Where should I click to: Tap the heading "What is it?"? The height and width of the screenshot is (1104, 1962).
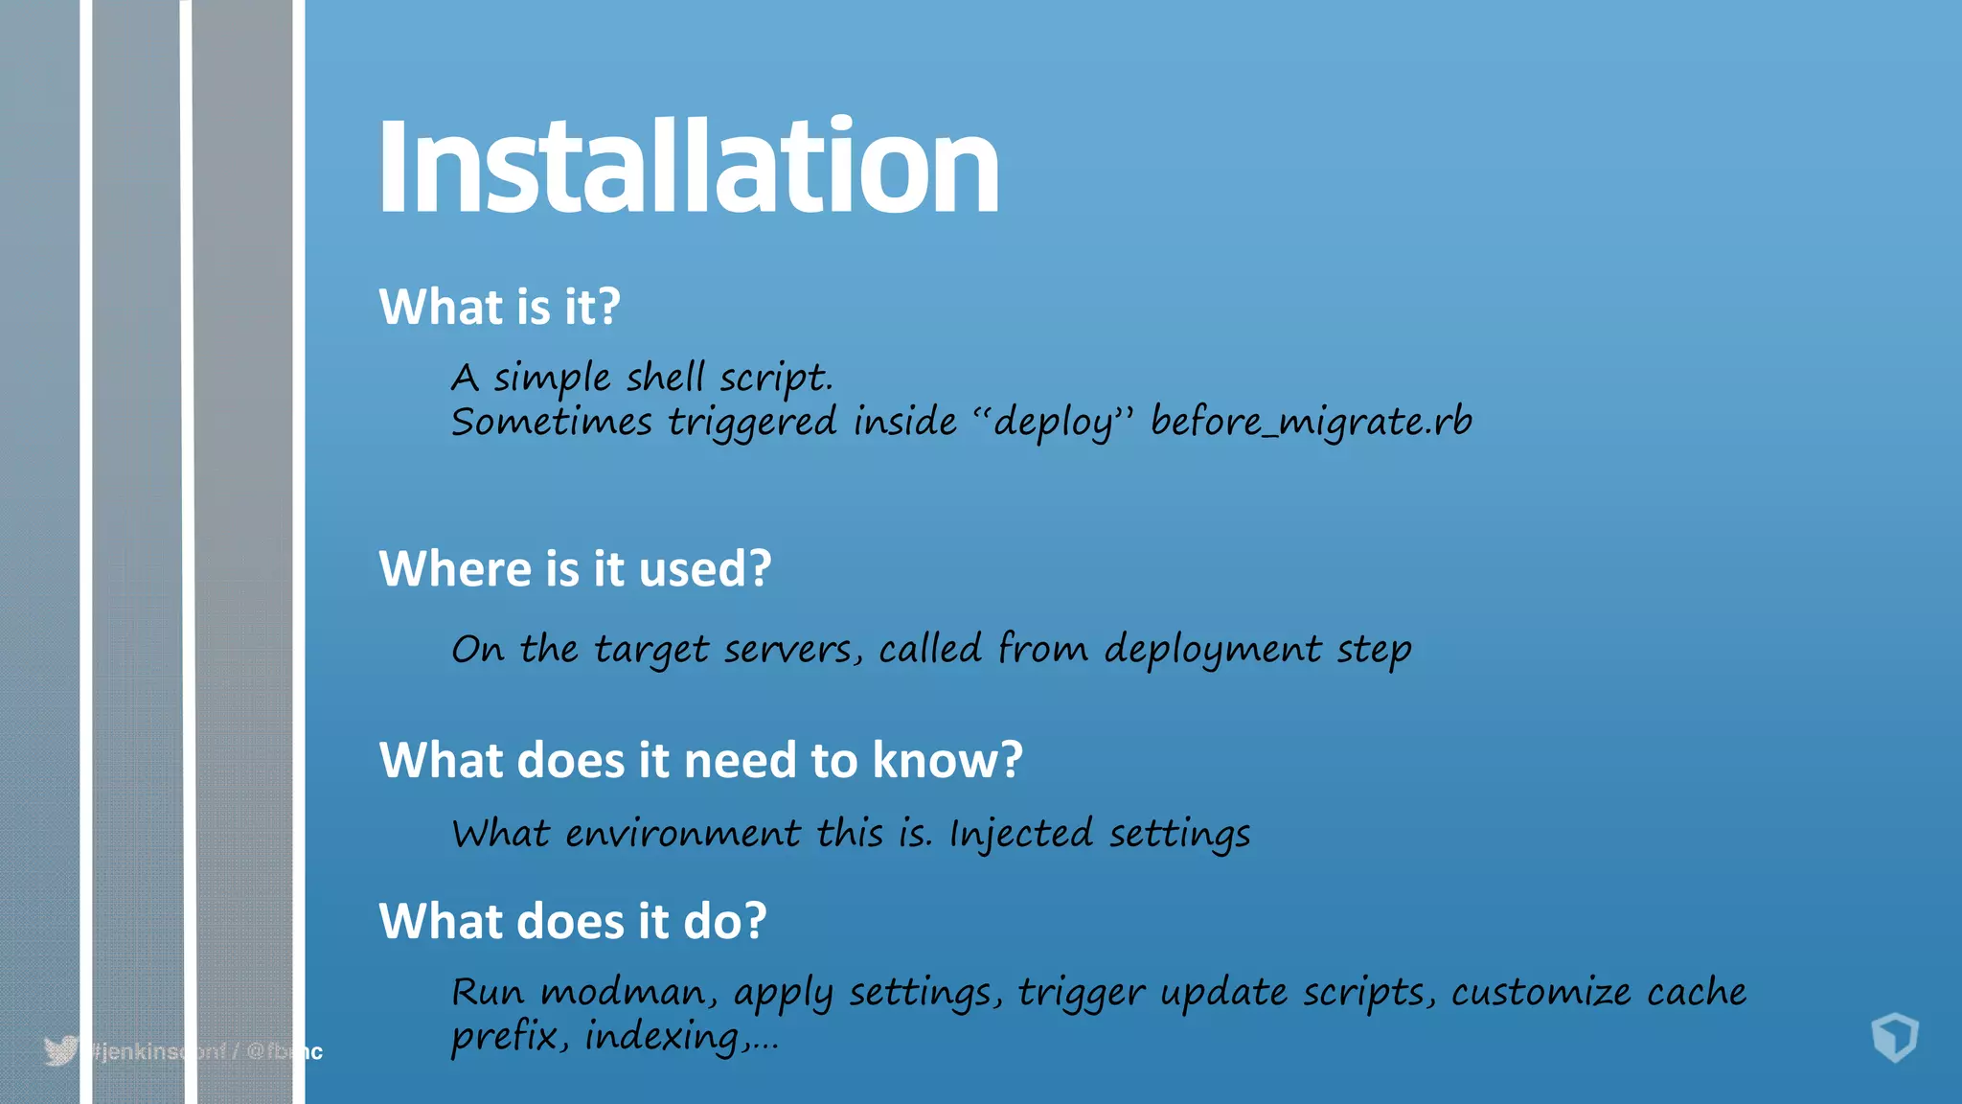(x=499, y=308)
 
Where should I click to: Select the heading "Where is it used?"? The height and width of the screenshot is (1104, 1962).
(x=575, y=569)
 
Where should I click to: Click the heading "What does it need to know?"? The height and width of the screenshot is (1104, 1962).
(x=700, y=761)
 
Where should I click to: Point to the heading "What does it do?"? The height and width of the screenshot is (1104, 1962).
(x=572, y=922)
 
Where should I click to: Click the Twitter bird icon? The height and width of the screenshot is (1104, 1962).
(x=60, y=1051)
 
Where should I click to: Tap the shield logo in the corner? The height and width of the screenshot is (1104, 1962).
(x=1894, y=1038)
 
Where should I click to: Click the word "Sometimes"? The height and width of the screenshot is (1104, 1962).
(x=551, y=423)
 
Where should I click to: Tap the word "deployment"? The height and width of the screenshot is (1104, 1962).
(x=1213, y=651)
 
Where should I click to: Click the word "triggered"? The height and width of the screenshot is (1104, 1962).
(x=752, y=423)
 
